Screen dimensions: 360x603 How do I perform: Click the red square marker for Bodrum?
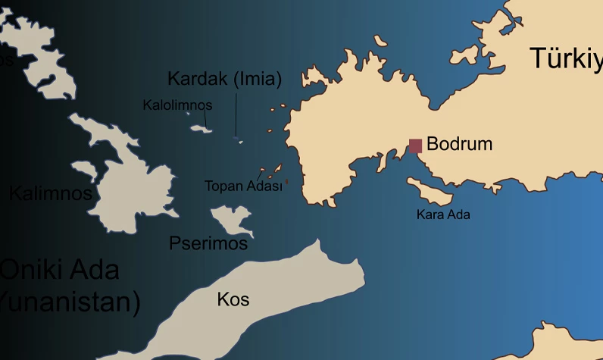click(x=415, y=146)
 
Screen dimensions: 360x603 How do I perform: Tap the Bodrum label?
click(x=459, y=144)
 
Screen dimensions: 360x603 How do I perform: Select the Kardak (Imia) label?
click(x=224, y=79)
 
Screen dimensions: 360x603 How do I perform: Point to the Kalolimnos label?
click(x=177, y=105)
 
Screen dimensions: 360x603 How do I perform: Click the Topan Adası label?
click(x=243, y=186)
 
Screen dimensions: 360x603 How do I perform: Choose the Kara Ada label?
click(x=443, y=214)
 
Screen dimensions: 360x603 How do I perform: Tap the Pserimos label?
click(x=208, y=243)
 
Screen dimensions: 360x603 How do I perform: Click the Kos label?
click(x=233, y=299)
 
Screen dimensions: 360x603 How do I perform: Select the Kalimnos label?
click(x=50, y=193)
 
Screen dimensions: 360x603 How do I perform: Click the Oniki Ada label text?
click(x=61, y=269)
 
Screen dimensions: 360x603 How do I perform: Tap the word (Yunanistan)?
click(x=70, y=302)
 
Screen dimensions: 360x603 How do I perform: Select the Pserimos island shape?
click(x=230, y=219)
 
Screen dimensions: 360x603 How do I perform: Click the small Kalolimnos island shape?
click(x=202, y=129)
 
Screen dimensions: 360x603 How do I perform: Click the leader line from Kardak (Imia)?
click(x=236, y=114)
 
